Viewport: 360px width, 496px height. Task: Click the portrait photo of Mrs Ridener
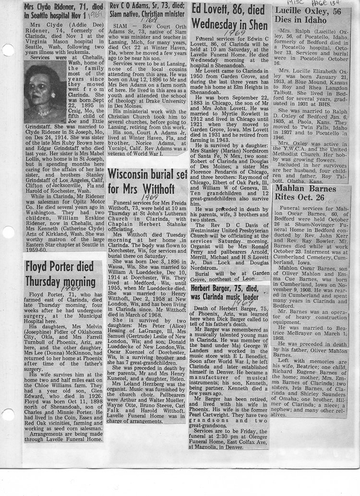click(45, 92)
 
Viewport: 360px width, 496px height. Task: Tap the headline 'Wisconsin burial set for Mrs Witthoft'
click(146, 181)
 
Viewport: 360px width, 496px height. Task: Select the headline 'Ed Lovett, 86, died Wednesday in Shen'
click(228, 17)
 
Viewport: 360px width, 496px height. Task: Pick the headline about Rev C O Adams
click(146, 10)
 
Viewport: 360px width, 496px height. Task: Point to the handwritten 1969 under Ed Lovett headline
click(234, 33)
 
